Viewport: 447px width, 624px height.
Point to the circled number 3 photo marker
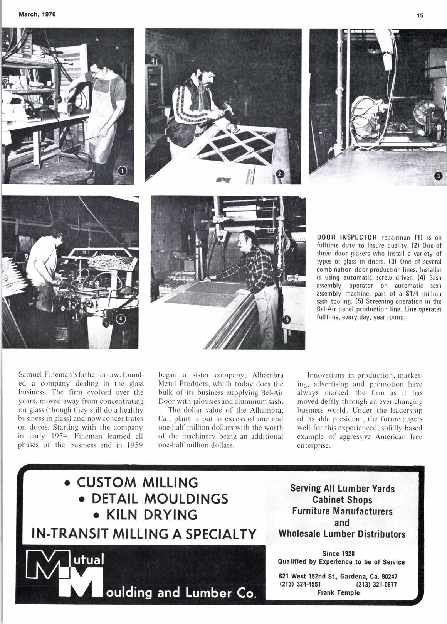tap(437, 176)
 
